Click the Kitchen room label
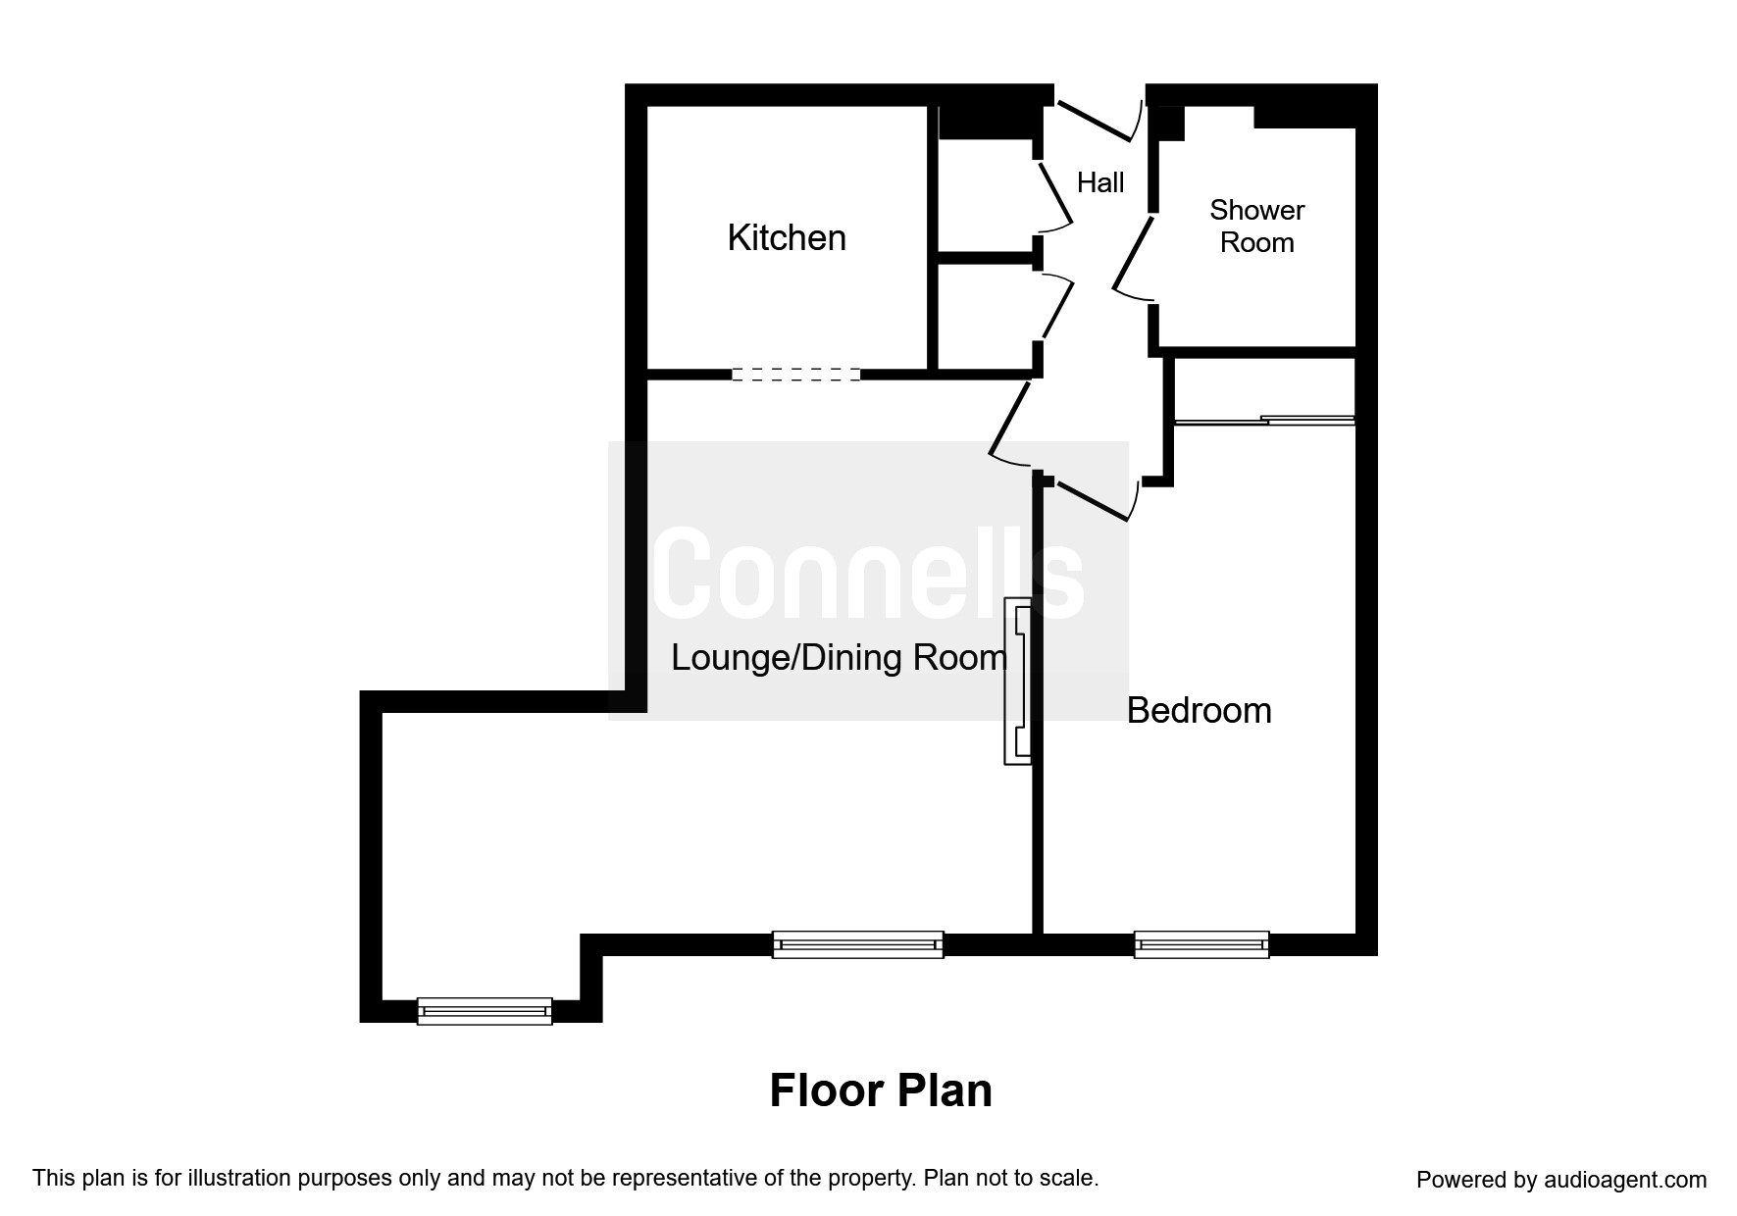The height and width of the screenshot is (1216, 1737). pyautogui.click(x=787, y=238)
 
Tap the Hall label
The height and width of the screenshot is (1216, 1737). pyautogui.click(x=1100, y=182)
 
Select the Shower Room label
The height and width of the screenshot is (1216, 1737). pyautogui.click(x=1256, y=226)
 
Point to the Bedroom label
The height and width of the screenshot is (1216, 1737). pyautogui.click(x=1199, y=710)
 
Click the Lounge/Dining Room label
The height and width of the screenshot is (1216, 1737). pyautogui.click(x=839, y=657)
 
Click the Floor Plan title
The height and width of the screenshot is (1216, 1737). pyautogui.click(x=881, y=1090)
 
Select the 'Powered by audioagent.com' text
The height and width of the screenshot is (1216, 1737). pyautogui.click(x=1561, y=1180)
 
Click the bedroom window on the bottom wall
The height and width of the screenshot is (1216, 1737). pyautogui.click(x=1201, y=945)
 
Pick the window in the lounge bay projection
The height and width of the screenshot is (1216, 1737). pyautogui.click(x=485, y=1011)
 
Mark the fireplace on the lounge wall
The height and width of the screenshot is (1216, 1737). pyautogui.click(x=1017, y=681)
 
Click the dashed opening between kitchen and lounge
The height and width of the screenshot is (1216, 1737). pyautogui.click(x=795, y=374)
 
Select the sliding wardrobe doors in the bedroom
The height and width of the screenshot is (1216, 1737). pyautogui.click(x=1264, y=421)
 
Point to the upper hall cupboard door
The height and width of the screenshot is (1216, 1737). pyautogui.click(x=1055, y=196)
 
